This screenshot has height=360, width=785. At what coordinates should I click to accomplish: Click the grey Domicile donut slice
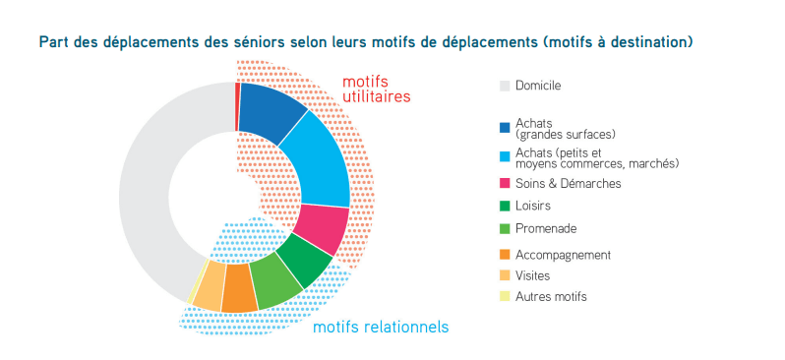click(148, 197)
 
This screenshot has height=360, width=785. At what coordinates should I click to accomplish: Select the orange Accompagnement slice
click(238, 291)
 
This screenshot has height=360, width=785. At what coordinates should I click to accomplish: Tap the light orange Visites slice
click(209, 287)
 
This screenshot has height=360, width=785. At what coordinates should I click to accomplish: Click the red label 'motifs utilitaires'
click(376, 90)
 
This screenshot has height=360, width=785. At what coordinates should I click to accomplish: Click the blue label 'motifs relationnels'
click(380, 327)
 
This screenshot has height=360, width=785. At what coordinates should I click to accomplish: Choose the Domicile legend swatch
click(506, 86)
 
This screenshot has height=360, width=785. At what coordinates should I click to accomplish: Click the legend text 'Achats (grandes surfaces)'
click(556, 128)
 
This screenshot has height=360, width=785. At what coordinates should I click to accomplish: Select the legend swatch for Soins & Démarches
click(506, 184)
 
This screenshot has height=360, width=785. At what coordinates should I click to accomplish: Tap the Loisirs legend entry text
click(532, 206)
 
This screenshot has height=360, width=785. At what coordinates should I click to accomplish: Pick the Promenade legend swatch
click(506, 229)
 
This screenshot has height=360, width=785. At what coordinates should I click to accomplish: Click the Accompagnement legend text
click(563, 255)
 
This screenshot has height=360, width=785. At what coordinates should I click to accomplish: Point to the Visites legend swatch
click(506, 275)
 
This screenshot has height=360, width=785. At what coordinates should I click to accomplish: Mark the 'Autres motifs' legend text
click(551, 296)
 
